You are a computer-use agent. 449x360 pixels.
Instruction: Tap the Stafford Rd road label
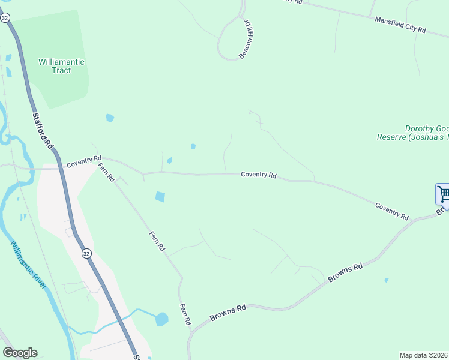point(43,132)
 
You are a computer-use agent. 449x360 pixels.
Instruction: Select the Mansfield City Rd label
point(400,25)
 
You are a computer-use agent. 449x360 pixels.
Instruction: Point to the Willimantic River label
point(28,265)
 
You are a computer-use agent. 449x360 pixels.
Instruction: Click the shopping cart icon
point(443,194)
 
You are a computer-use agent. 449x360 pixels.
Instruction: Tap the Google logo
point(20,353)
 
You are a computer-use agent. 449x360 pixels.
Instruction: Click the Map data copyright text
point(424,355)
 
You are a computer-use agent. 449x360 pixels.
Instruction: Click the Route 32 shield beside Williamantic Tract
point(5,18)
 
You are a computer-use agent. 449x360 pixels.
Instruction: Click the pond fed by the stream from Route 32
point(161,319)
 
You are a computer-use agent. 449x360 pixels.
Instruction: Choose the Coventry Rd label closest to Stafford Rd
point(82,162)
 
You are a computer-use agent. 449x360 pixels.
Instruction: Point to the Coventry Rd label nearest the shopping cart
point(392,211)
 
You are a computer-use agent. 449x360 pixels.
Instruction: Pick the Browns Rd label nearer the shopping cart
point(346,273)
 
